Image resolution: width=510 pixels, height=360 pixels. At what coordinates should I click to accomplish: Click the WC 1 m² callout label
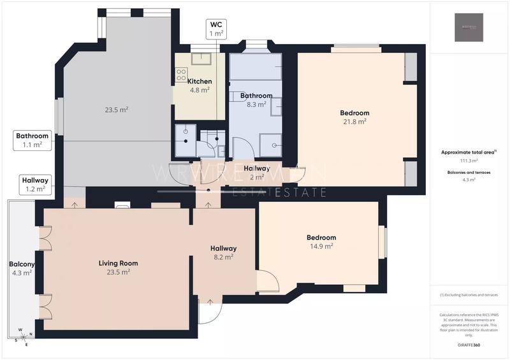217,29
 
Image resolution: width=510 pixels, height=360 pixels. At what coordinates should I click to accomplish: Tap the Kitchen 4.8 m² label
200,85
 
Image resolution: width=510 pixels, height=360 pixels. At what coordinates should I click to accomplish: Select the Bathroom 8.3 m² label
256,100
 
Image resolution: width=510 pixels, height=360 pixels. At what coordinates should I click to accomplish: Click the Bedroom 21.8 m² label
354,117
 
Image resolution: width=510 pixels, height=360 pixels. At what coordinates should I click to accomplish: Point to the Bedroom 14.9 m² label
321,241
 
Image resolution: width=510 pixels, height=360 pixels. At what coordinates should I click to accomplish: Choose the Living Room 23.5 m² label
119,267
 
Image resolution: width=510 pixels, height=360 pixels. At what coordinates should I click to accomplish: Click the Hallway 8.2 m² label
224,252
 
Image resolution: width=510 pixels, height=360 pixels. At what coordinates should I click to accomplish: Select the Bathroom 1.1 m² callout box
33,140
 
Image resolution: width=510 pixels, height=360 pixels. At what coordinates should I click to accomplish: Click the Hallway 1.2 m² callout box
34,184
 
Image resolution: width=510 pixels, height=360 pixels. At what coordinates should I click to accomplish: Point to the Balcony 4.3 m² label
22,268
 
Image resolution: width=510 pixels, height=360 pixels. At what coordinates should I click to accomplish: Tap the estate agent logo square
469,27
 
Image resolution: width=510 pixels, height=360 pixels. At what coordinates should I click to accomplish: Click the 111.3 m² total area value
469,161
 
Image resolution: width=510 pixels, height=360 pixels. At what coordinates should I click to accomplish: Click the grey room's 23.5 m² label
117,110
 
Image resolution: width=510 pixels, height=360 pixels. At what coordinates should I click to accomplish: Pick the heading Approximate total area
469,152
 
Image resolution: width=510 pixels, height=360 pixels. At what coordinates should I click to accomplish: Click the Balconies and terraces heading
469,172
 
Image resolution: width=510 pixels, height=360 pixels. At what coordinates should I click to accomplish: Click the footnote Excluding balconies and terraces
469,295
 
